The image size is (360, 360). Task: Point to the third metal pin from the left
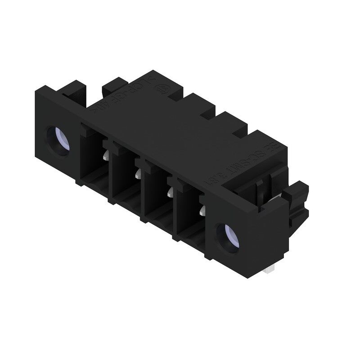170,193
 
